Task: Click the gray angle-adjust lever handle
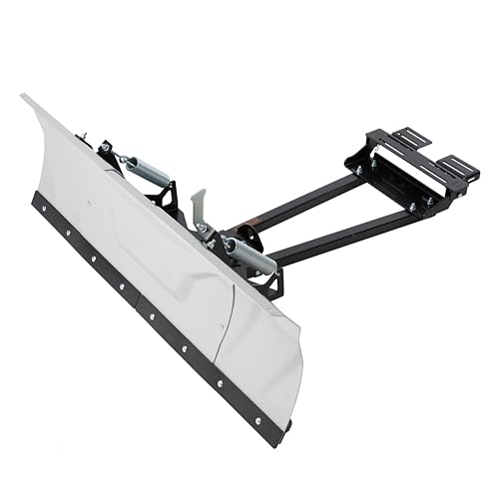[199, 205]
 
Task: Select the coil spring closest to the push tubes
[250, 255]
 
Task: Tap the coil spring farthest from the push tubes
[147, 169]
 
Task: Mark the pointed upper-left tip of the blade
[23, 96]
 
